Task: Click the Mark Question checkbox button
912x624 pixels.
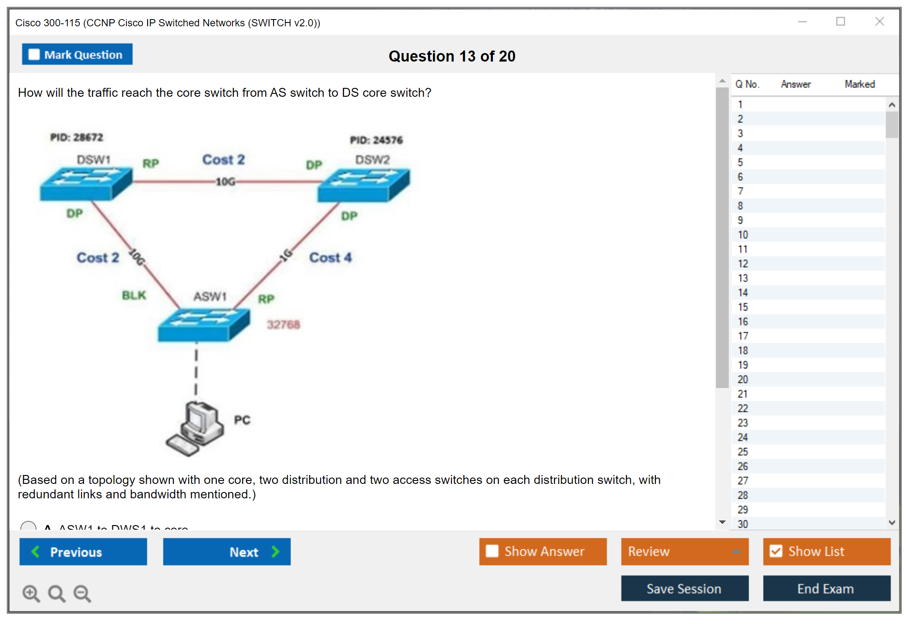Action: (x=77, y=54)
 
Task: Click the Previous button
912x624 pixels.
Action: (x=83, y=551)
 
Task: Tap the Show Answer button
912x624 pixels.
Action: (x=543, y=551)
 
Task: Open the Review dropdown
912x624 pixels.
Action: (x=684, y=551)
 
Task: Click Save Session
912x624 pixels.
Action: (x=684, y=588)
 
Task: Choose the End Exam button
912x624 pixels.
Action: (x=826, y=588)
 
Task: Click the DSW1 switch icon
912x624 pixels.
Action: (x=86, y=184)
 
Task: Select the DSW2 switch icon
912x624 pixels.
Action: (x=364, y=185)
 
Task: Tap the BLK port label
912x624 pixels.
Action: (x=134, y=295)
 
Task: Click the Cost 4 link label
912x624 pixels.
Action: (x=330, y=258)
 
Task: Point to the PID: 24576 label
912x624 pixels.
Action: (x=376, y=140)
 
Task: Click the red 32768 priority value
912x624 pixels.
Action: (x=283, y=325)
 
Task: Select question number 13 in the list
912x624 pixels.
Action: (x=743, y=278)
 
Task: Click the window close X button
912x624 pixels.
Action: (x=879, y=22)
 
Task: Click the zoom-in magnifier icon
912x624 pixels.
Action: (x=31, y=593)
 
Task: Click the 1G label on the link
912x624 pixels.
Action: (x=286, y=255)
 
